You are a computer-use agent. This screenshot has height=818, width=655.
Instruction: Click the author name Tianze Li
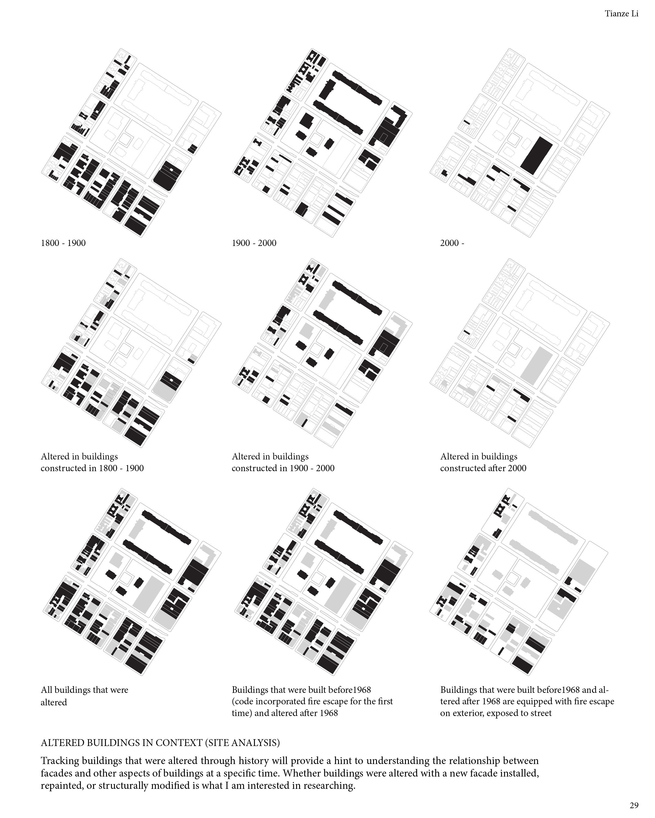point(621,14)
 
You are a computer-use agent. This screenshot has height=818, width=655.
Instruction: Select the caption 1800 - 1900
point(63,243)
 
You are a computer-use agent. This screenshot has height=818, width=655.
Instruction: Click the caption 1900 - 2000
point(254,243)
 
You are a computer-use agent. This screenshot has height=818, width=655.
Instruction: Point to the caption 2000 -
point(452,243)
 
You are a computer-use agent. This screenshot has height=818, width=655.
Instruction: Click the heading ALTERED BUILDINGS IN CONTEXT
point(121,742)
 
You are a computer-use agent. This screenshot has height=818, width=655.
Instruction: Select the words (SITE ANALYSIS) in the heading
point(242,742)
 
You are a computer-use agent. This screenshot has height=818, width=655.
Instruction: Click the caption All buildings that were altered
point(84,696)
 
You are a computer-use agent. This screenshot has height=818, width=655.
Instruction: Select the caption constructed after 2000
point(483,468)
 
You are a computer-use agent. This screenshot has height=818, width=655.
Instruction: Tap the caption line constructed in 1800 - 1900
point(92,468)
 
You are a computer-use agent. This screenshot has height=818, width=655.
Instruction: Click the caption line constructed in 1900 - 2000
point(283,468)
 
